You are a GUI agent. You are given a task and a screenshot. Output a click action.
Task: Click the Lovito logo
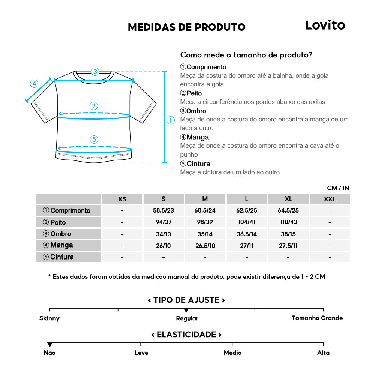(325, 25)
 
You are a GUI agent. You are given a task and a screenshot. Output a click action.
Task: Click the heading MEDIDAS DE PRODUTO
(186, 27)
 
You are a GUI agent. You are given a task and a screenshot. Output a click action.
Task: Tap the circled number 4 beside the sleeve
(34, 83)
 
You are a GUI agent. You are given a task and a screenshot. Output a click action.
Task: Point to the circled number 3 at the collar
(95, 71)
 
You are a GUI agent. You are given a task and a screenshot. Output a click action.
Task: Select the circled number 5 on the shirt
(94, 139)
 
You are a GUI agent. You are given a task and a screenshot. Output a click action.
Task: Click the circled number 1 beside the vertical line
(171, 120)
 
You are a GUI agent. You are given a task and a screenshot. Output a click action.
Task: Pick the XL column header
(288, 199)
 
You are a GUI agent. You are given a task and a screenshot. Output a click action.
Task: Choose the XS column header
(122, 199)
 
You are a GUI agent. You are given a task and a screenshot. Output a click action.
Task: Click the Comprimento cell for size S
(163, 210)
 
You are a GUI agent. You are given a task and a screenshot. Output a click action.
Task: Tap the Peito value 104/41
(247, 222)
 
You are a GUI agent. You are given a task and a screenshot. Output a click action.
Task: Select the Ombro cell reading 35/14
(205, 234)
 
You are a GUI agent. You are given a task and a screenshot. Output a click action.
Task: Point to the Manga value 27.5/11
(288, 246)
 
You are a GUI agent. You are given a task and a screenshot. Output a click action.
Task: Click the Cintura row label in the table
(68, 257)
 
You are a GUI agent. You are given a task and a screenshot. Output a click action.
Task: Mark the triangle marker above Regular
(186, 310)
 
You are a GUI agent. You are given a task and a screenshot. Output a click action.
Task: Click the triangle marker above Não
(49, 345)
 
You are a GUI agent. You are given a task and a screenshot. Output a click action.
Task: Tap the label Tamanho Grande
(317, 318)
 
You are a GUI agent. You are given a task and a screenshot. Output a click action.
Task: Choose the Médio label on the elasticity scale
(232, 353)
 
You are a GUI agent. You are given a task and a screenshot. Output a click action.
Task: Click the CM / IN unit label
(338, 188)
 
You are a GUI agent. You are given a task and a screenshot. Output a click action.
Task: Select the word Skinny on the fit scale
(49, 318)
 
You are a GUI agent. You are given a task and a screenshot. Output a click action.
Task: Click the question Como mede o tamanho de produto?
(246, 55)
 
